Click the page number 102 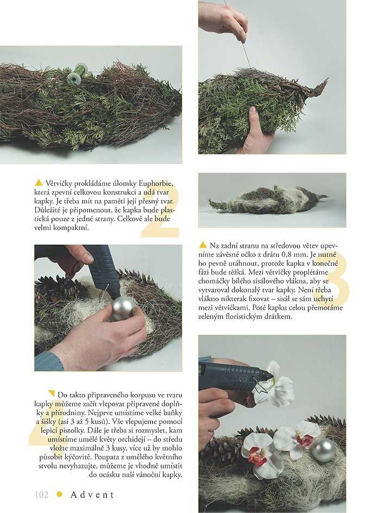coord(41,494)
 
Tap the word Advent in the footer coord(92,495)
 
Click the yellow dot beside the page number coord(59,495)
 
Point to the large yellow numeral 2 coord(160,209)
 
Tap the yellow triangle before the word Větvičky coord(39,183)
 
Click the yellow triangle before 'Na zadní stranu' coord(203,245)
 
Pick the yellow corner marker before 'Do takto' coord(51,393)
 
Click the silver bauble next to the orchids coord(323,451)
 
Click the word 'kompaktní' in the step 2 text coord(73,228)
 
